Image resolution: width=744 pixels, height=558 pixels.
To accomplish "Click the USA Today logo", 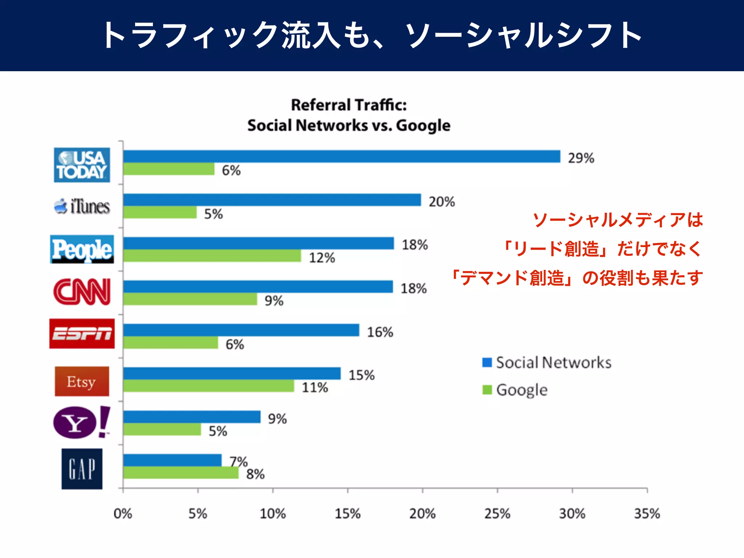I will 82,165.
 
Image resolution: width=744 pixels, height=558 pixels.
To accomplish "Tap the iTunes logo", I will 82,206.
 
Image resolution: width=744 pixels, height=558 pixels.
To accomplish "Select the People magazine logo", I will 82,250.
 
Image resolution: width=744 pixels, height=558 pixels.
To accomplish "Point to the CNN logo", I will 82,292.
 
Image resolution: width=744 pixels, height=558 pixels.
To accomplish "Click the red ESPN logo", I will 82,334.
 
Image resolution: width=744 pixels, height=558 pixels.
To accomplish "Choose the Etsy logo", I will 82,381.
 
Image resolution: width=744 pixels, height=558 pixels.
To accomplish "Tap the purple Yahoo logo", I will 81,422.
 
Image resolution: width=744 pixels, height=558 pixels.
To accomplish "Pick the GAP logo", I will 82,469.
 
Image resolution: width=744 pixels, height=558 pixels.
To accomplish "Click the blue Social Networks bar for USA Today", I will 341,157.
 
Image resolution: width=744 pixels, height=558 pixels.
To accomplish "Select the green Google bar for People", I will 212,256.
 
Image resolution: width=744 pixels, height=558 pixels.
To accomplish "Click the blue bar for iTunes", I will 272,200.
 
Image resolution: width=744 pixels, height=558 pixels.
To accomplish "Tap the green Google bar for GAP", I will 181,473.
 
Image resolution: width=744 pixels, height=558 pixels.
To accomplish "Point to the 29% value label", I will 581,158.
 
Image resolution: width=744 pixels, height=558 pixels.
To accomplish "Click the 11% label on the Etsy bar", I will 315,388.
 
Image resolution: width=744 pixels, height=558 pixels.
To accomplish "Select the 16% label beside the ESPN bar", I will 380,332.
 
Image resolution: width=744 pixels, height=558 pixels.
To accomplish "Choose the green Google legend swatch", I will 487,390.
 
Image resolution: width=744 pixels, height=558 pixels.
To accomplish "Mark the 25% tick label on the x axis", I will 497,514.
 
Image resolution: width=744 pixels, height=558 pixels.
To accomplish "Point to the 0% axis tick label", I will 123,514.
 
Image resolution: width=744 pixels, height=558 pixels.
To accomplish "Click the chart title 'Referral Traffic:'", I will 349,105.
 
